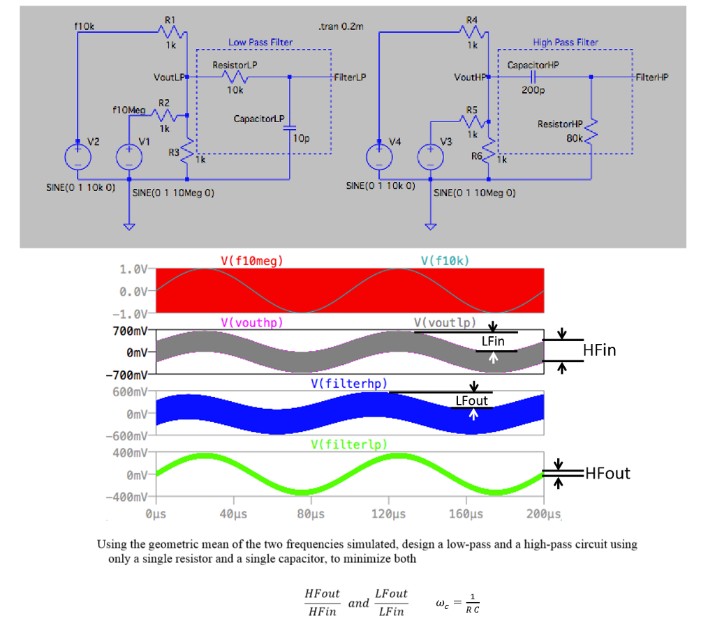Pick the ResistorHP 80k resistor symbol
click(x=591, y=130)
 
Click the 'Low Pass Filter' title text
click(x=260, y=43)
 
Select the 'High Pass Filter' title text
click(x=566, y=43)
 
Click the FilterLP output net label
click(x=350, y=77)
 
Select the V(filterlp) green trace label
click(x=348, y=444)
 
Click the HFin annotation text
click(x=600, y=350)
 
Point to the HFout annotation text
click(x=607, y=474)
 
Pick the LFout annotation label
click(x=472, y=400)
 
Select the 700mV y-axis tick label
click(x=130, y=329)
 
